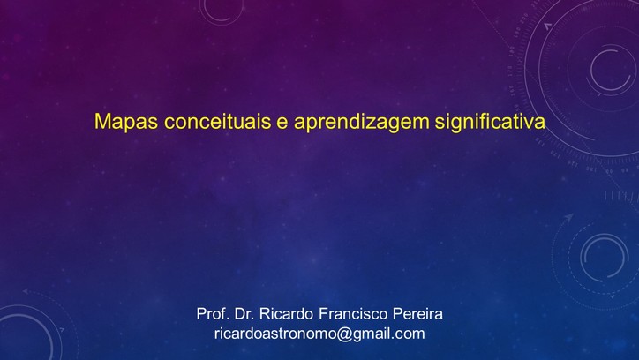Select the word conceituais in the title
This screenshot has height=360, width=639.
(x=218, y=121)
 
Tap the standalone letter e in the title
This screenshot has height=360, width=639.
(x=282, y=123)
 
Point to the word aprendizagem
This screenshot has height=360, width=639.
(x=361, y=123)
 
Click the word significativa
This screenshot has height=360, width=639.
(x=490, y=122)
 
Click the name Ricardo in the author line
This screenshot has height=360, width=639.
(x=287, y=314)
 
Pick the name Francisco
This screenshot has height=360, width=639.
(x=353, y=314)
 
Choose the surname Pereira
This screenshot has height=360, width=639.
(x=417, y=314)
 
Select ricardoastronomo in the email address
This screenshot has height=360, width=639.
(x=275, y=334)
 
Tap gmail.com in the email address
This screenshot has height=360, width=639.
(x=388, y=334)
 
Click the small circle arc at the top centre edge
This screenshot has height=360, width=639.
(x=221, y=19)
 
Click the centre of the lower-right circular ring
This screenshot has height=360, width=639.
(x=605, y=258)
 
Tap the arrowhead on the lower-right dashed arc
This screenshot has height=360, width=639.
(x=568, y=218)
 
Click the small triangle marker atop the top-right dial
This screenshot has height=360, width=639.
(x=548, y=26)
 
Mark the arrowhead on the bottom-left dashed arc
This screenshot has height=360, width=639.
(x=26, y=291)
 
